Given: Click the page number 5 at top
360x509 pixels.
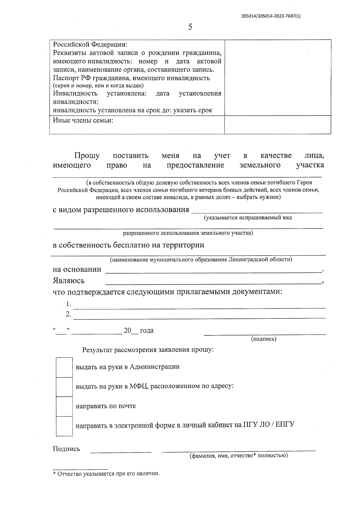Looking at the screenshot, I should [x=190, y=27].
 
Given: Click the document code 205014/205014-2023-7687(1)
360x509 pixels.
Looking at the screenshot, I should [x=271, y=16].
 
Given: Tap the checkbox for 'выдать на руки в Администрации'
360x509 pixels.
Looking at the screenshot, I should [x=64, y=367].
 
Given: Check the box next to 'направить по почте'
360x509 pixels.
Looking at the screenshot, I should [x=64, y=406].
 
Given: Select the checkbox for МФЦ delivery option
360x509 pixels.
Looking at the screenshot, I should [x=64, y=387].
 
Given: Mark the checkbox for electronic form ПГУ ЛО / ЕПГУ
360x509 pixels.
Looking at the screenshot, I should [x=64, y=426].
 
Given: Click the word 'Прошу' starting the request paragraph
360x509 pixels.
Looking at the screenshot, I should [x=87, y=156].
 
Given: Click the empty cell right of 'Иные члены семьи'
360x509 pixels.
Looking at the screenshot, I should [x=277, y=124].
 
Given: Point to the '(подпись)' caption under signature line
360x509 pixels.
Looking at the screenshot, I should [x=263, y=339].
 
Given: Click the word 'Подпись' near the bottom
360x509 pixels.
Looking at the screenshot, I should [x=67, y=449].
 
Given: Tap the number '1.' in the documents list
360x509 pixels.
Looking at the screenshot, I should [x=69, y=304].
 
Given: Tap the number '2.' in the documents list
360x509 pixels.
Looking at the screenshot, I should [x=69, y=314].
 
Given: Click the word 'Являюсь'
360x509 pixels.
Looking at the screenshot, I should [x=69, y=281].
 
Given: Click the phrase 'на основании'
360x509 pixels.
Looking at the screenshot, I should [x=77, y=269].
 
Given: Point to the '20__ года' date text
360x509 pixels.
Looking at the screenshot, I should [x=139, y=331].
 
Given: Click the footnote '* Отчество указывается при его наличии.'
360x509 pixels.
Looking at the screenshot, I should [x=106, y=474].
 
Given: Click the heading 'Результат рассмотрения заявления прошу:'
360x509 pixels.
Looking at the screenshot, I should [x=148, y=350].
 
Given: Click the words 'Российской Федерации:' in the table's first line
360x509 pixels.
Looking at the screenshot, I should [x=90, y=44].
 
